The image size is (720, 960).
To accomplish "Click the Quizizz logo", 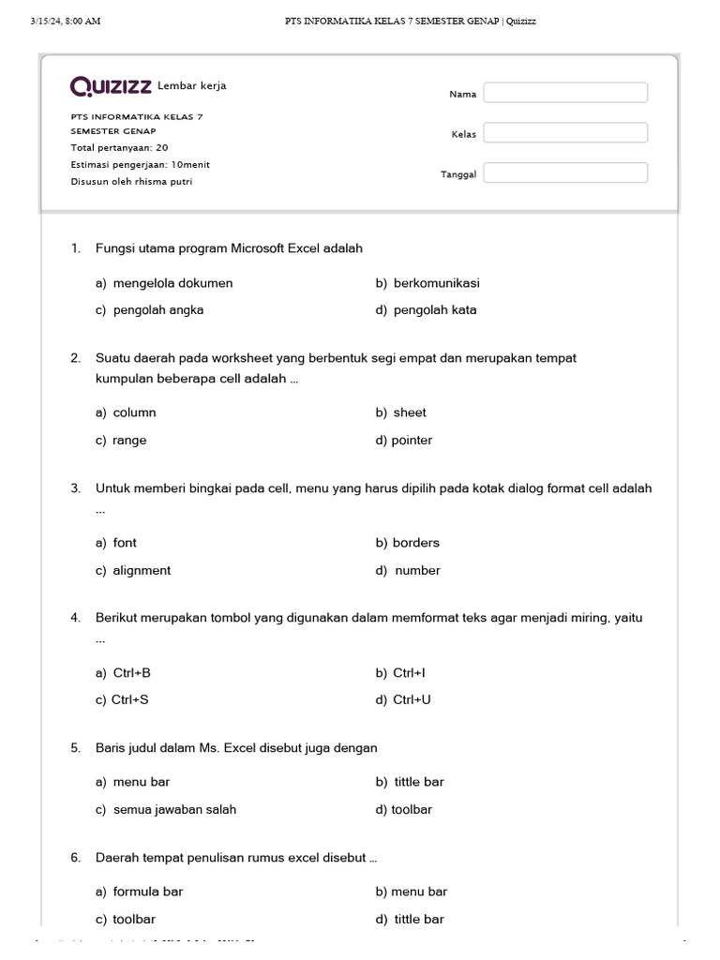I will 112,87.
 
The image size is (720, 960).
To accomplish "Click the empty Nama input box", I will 565,93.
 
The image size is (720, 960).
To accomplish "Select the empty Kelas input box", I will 565,133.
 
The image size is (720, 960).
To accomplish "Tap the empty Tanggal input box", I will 565,173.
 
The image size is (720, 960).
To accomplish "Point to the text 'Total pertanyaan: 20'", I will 120,148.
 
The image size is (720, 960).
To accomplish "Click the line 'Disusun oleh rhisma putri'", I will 131,182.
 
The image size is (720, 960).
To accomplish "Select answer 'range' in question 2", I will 129,441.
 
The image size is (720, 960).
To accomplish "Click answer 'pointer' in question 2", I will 412,441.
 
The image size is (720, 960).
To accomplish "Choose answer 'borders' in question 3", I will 415,543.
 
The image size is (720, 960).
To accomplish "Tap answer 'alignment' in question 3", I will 142,571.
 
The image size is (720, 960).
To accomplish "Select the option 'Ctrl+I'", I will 409,673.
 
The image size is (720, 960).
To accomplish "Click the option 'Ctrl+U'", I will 412,700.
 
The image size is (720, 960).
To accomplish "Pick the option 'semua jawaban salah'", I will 174,810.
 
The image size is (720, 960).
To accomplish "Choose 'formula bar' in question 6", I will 147,892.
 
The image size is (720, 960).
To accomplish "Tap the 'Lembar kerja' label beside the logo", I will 192,86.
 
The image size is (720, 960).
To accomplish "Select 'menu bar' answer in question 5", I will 142,782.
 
